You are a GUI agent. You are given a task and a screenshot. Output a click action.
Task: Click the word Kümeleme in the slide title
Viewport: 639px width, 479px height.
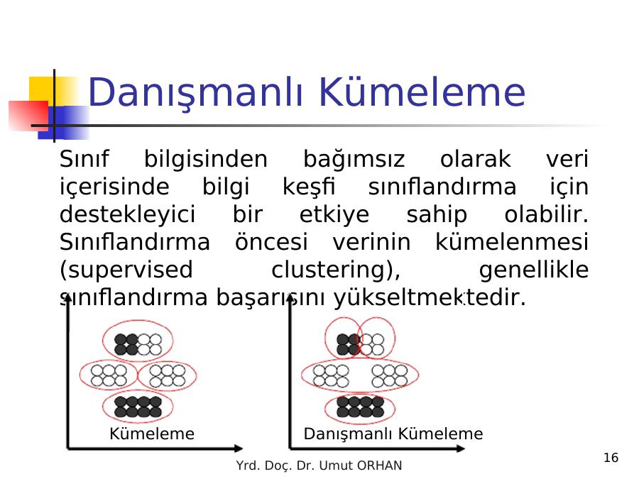coord(422,92)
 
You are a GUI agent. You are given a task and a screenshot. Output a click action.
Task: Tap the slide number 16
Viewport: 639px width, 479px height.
coord(611,458)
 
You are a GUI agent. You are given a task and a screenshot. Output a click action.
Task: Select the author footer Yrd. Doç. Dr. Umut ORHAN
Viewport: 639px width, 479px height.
coord(319,465)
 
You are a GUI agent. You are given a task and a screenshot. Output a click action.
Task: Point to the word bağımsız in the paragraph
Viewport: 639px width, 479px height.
coord(354,159)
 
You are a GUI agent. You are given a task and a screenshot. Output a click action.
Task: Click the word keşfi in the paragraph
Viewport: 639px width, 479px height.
coord(309,187)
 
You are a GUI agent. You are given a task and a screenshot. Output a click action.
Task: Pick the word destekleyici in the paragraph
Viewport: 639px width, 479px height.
coord(128,214)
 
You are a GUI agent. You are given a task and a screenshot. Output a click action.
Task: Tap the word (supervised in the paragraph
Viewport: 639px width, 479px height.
coord(126,270)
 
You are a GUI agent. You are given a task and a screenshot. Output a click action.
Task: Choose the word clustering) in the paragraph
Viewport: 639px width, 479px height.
coord(336,270)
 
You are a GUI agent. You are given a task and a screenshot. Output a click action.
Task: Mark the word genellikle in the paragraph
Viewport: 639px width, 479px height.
coord(534,270)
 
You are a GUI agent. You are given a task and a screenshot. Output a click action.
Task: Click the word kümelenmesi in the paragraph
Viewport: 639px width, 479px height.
coord(512,242)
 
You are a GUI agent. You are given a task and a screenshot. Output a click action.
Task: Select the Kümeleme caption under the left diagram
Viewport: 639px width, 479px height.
coord(152,434)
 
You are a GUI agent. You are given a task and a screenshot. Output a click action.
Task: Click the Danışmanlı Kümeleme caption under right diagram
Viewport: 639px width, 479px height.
coord(393,434)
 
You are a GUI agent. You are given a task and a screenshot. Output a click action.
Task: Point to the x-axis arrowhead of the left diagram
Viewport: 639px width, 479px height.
coord(239,448)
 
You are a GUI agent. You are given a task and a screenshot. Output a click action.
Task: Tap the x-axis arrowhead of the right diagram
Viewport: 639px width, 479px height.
coord(461,448)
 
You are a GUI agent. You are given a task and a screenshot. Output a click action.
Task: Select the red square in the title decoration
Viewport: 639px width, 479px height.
coord(28,116)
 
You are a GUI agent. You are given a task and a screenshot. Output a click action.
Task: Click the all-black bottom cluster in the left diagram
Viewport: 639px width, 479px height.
coord(138,407)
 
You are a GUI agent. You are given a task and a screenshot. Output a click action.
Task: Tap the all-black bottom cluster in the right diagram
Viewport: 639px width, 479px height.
coord(360,407)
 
